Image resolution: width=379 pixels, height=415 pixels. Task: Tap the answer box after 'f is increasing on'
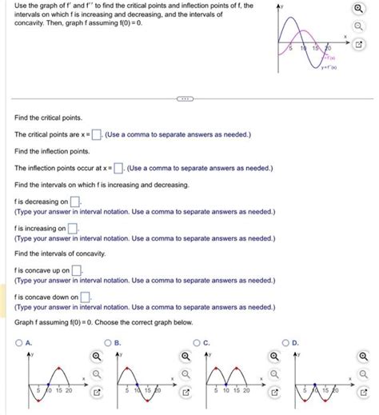[73, 229]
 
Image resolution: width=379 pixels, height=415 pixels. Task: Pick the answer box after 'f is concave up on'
[78, 270]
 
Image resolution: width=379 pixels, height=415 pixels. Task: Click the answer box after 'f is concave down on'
[84, 297]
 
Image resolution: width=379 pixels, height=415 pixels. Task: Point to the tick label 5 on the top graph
[291, 50]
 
